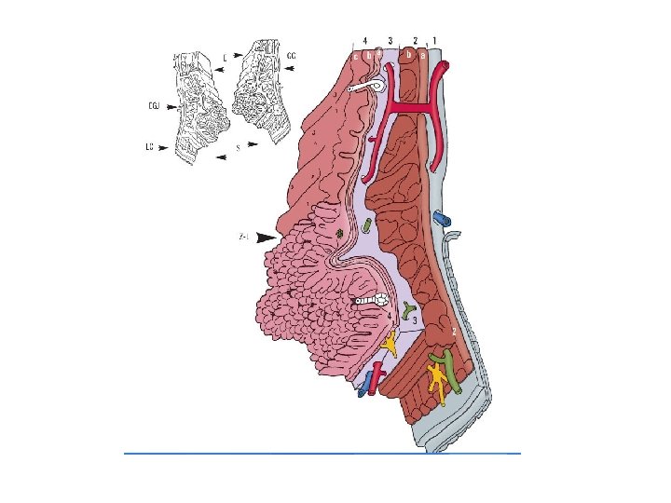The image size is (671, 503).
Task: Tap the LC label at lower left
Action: (x=149, y=146)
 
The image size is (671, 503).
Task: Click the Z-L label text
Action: (x=244, y=238)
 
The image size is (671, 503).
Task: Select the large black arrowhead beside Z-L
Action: (x=267, y=238)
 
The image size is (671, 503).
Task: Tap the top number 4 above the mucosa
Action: (x=364, y=40)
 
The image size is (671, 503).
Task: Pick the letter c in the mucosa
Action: (x=356, y=56)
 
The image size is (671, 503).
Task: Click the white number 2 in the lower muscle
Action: (x=453, y=332)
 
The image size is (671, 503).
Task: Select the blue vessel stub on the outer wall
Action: (x=441, y=218)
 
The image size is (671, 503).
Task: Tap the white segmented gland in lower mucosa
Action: (x=371, y=301)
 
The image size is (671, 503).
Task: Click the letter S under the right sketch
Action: (x=239, y=146)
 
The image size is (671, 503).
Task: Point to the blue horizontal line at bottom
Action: (x=322, y=453)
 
